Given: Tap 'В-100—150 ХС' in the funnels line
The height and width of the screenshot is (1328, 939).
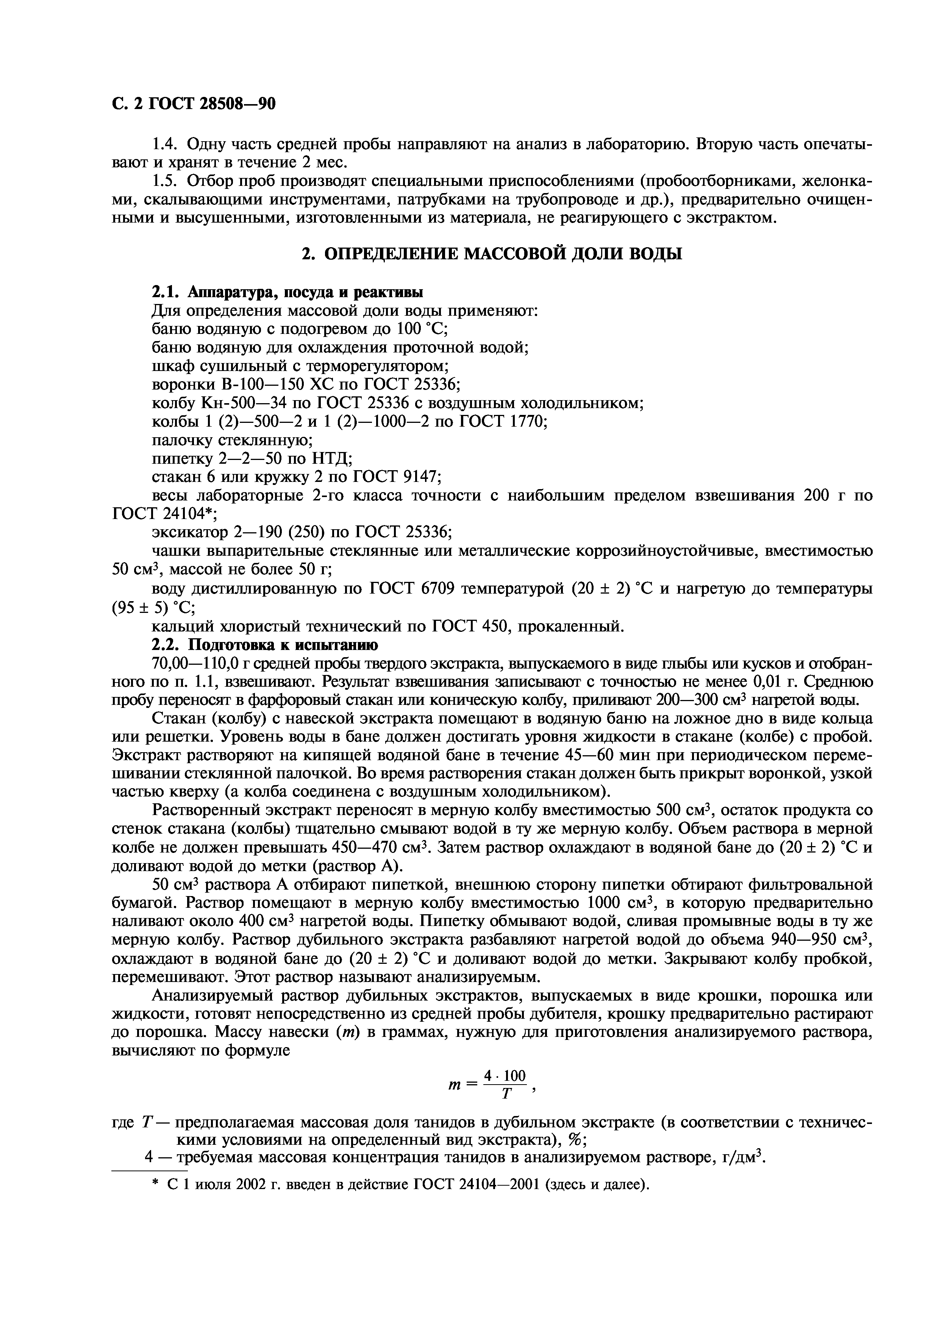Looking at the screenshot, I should [278, 385].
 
